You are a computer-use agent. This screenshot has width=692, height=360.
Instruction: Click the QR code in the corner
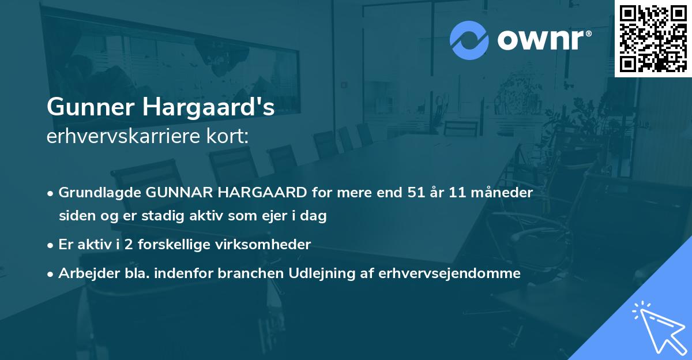653,39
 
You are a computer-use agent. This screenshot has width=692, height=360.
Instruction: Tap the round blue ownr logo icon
469,40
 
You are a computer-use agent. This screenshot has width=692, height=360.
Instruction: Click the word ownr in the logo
543,40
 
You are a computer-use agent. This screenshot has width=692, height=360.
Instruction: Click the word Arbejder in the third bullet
85,273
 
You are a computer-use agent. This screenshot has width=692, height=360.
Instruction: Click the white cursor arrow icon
658,328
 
